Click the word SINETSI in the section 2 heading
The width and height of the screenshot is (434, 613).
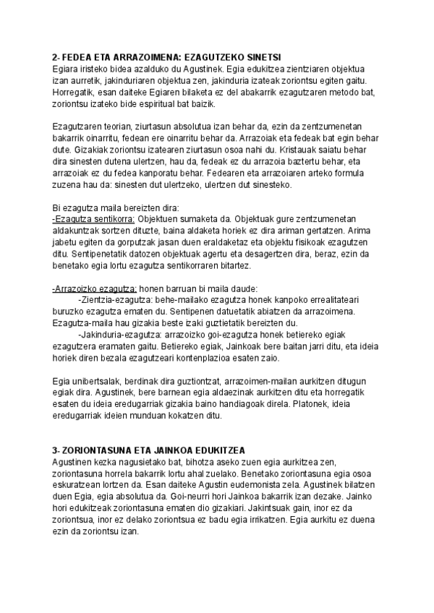point(262,58)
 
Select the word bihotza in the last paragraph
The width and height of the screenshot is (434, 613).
point(187,460)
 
